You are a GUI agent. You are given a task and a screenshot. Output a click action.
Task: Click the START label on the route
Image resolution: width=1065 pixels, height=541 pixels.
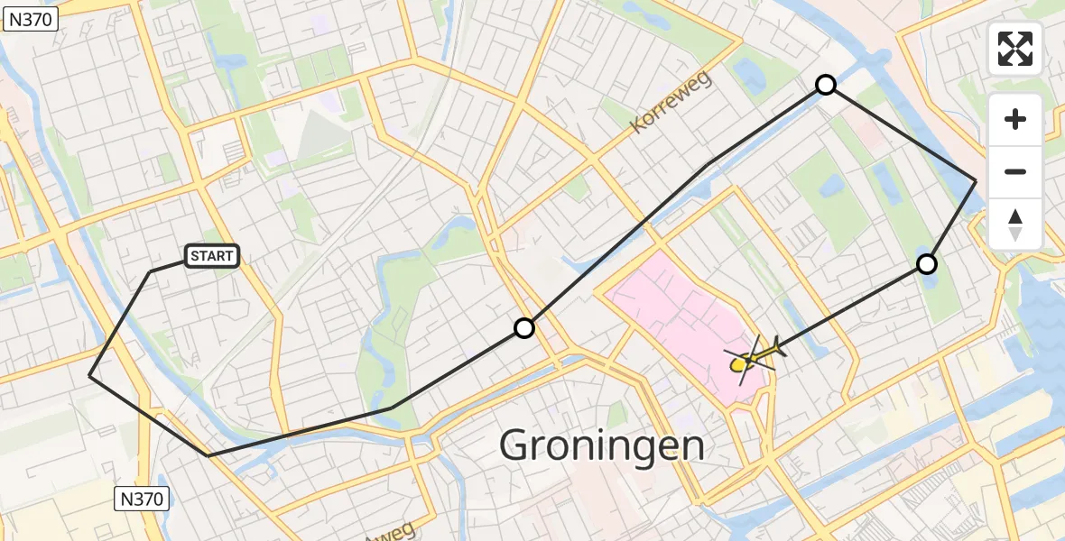click(212, 257)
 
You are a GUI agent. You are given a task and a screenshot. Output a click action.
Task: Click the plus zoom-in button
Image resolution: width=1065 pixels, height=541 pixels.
click(1015, 119)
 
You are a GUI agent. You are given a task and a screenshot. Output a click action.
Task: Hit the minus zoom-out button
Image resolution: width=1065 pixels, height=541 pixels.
click(1015, 171)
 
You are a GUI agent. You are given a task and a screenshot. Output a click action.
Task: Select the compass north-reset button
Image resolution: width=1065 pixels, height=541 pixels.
click(1015, 225)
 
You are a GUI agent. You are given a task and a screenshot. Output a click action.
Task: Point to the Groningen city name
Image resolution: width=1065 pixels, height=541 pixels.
click(602, 445)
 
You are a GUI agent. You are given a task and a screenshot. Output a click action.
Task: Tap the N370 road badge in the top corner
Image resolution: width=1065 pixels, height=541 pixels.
click(30, 19)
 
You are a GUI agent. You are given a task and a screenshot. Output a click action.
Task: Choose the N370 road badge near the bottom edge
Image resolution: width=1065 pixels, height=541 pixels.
click(143, 498)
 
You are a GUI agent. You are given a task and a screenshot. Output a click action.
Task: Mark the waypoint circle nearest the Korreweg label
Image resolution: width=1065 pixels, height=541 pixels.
click(825, 86)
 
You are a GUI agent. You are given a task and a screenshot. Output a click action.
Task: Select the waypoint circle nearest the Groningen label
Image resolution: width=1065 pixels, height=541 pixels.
click(524, 328)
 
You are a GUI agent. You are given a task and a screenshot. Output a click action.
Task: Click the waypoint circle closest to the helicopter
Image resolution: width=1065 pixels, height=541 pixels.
click(927, 264)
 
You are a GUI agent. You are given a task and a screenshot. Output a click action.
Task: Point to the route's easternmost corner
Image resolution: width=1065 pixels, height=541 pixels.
click(976, 181)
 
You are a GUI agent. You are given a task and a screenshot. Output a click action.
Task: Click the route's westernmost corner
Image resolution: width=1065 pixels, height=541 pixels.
click(89, 375)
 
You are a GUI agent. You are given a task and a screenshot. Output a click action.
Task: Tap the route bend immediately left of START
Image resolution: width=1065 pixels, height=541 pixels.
click(151, 270)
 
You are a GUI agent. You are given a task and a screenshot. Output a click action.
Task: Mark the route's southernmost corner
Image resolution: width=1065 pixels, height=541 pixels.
click(208, 455)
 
